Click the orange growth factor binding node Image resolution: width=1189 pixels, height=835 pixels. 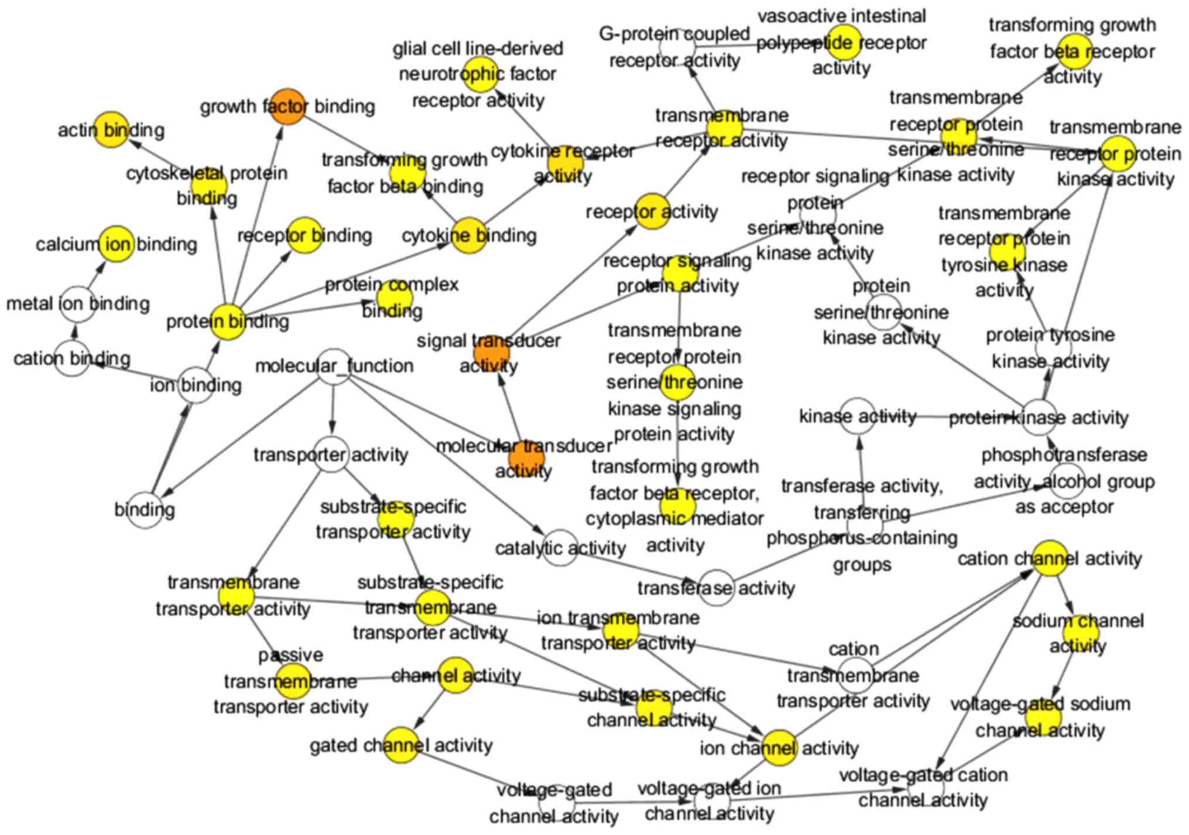[x=288, y=107]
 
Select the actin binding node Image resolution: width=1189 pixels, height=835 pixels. [x=111, y=129]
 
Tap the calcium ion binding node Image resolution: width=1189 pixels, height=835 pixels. [x=117, y=244]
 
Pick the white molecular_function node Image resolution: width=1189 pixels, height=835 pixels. [x=334, y=367]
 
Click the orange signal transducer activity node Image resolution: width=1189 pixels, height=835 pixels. [x=491, y=353]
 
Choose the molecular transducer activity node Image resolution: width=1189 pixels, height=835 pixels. [x=526, y=458]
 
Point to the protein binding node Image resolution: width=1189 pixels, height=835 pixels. [x=228, y=321]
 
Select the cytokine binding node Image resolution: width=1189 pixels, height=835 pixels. [x=469, y=235]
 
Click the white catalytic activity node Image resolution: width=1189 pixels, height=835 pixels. [x=560, y=548]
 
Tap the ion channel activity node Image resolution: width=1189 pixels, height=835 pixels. [x=780, y=748]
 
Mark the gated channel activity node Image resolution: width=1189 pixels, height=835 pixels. [x=402, y=745]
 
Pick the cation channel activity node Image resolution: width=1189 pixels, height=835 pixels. [x=1050, y=558]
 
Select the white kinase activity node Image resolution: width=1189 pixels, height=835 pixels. [x=857, y=416]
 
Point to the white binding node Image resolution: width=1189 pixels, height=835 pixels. [x=145, y=510]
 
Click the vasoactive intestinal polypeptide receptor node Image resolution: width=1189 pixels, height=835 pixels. [x=844, y=43]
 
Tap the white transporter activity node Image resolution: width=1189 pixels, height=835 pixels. [x=331, y=454]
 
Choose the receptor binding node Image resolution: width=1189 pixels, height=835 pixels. [x=304, y=235]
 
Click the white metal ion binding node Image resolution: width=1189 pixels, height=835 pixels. [x=78, y=304]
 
